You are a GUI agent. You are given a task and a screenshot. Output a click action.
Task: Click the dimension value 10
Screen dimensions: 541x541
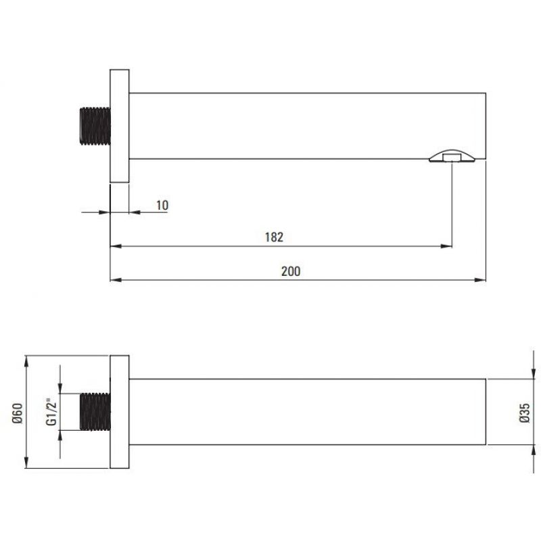point(162,206)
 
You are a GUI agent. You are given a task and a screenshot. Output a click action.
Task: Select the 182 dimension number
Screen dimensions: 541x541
point(274,237)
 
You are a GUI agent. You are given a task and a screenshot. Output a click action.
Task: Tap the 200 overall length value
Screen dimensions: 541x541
point(291,271)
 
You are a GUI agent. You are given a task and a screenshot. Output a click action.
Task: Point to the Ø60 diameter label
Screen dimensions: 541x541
point(18,413)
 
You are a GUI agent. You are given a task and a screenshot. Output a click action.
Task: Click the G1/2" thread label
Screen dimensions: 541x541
point(51,412)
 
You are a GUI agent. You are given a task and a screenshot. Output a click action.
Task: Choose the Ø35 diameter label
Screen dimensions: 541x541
point(524,413)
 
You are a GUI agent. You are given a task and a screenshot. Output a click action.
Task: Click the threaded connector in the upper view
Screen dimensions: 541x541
point(95,126)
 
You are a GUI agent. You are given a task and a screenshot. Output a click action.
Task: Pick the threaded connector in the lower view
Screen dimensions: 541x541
point(95,412)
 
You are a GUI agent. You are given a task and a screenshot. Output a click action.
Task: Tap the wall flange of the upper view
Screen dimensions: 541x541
point(120,126)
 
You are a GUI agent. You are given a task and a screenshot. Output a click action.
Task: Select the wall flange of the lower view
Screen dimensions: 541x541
point(120,412)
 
